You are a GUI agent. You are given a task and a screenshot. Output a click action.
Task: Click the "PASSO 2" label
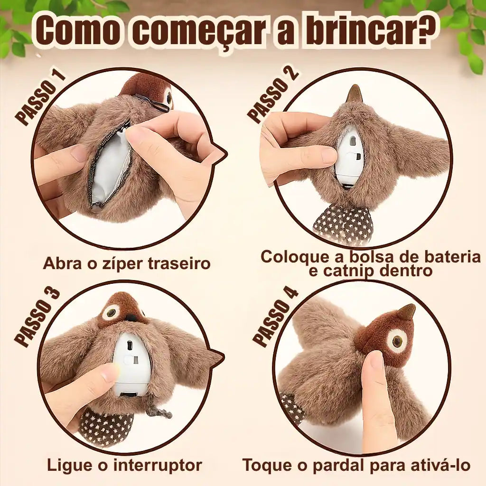273,95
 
